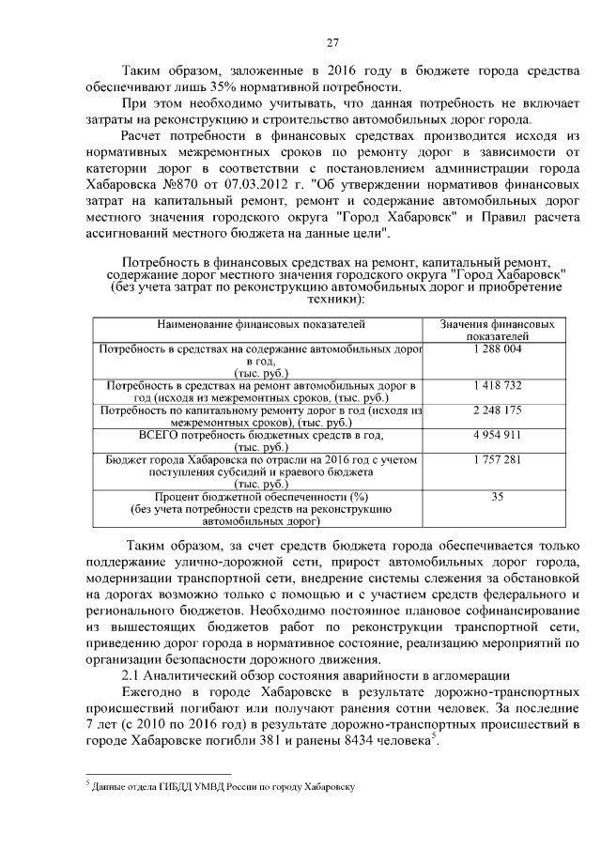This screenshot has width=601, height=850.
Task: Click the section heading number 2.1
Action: click(135, 676)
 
